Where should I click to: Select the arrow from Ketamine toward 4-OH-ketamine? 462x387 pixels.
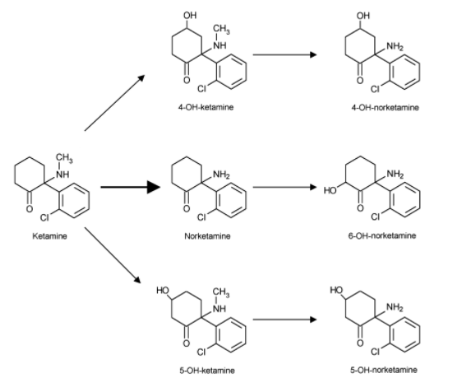point(114,103)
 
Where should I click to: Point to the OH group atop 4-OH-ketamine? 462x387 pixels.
point(191,15)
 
